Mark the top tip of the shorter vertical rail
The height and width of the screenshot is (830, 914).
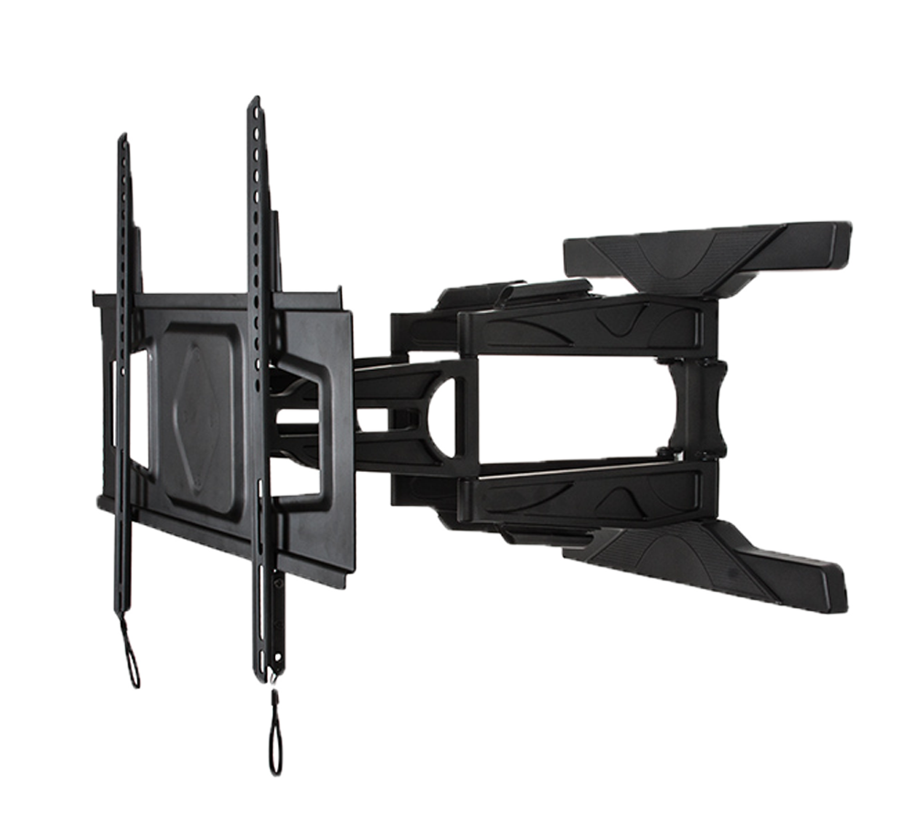122,137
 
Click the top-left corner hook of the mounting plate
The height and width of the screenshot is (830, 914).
96,296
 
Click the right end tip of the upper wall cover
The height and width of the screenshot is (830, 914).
847,233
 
